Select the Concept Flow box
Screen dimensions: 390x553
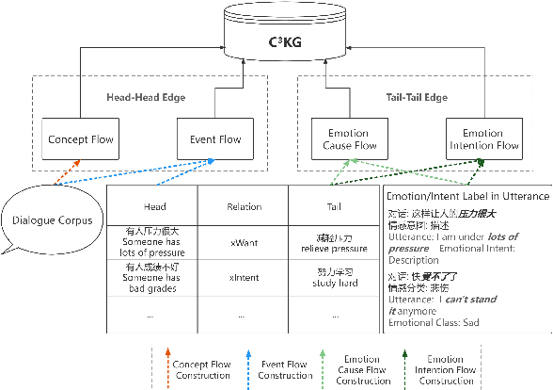[81, 140]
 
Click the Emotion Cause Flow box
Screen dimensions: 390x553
[345, 139]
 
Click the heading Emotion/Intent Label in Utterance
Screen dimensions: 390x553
[467, 196]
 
